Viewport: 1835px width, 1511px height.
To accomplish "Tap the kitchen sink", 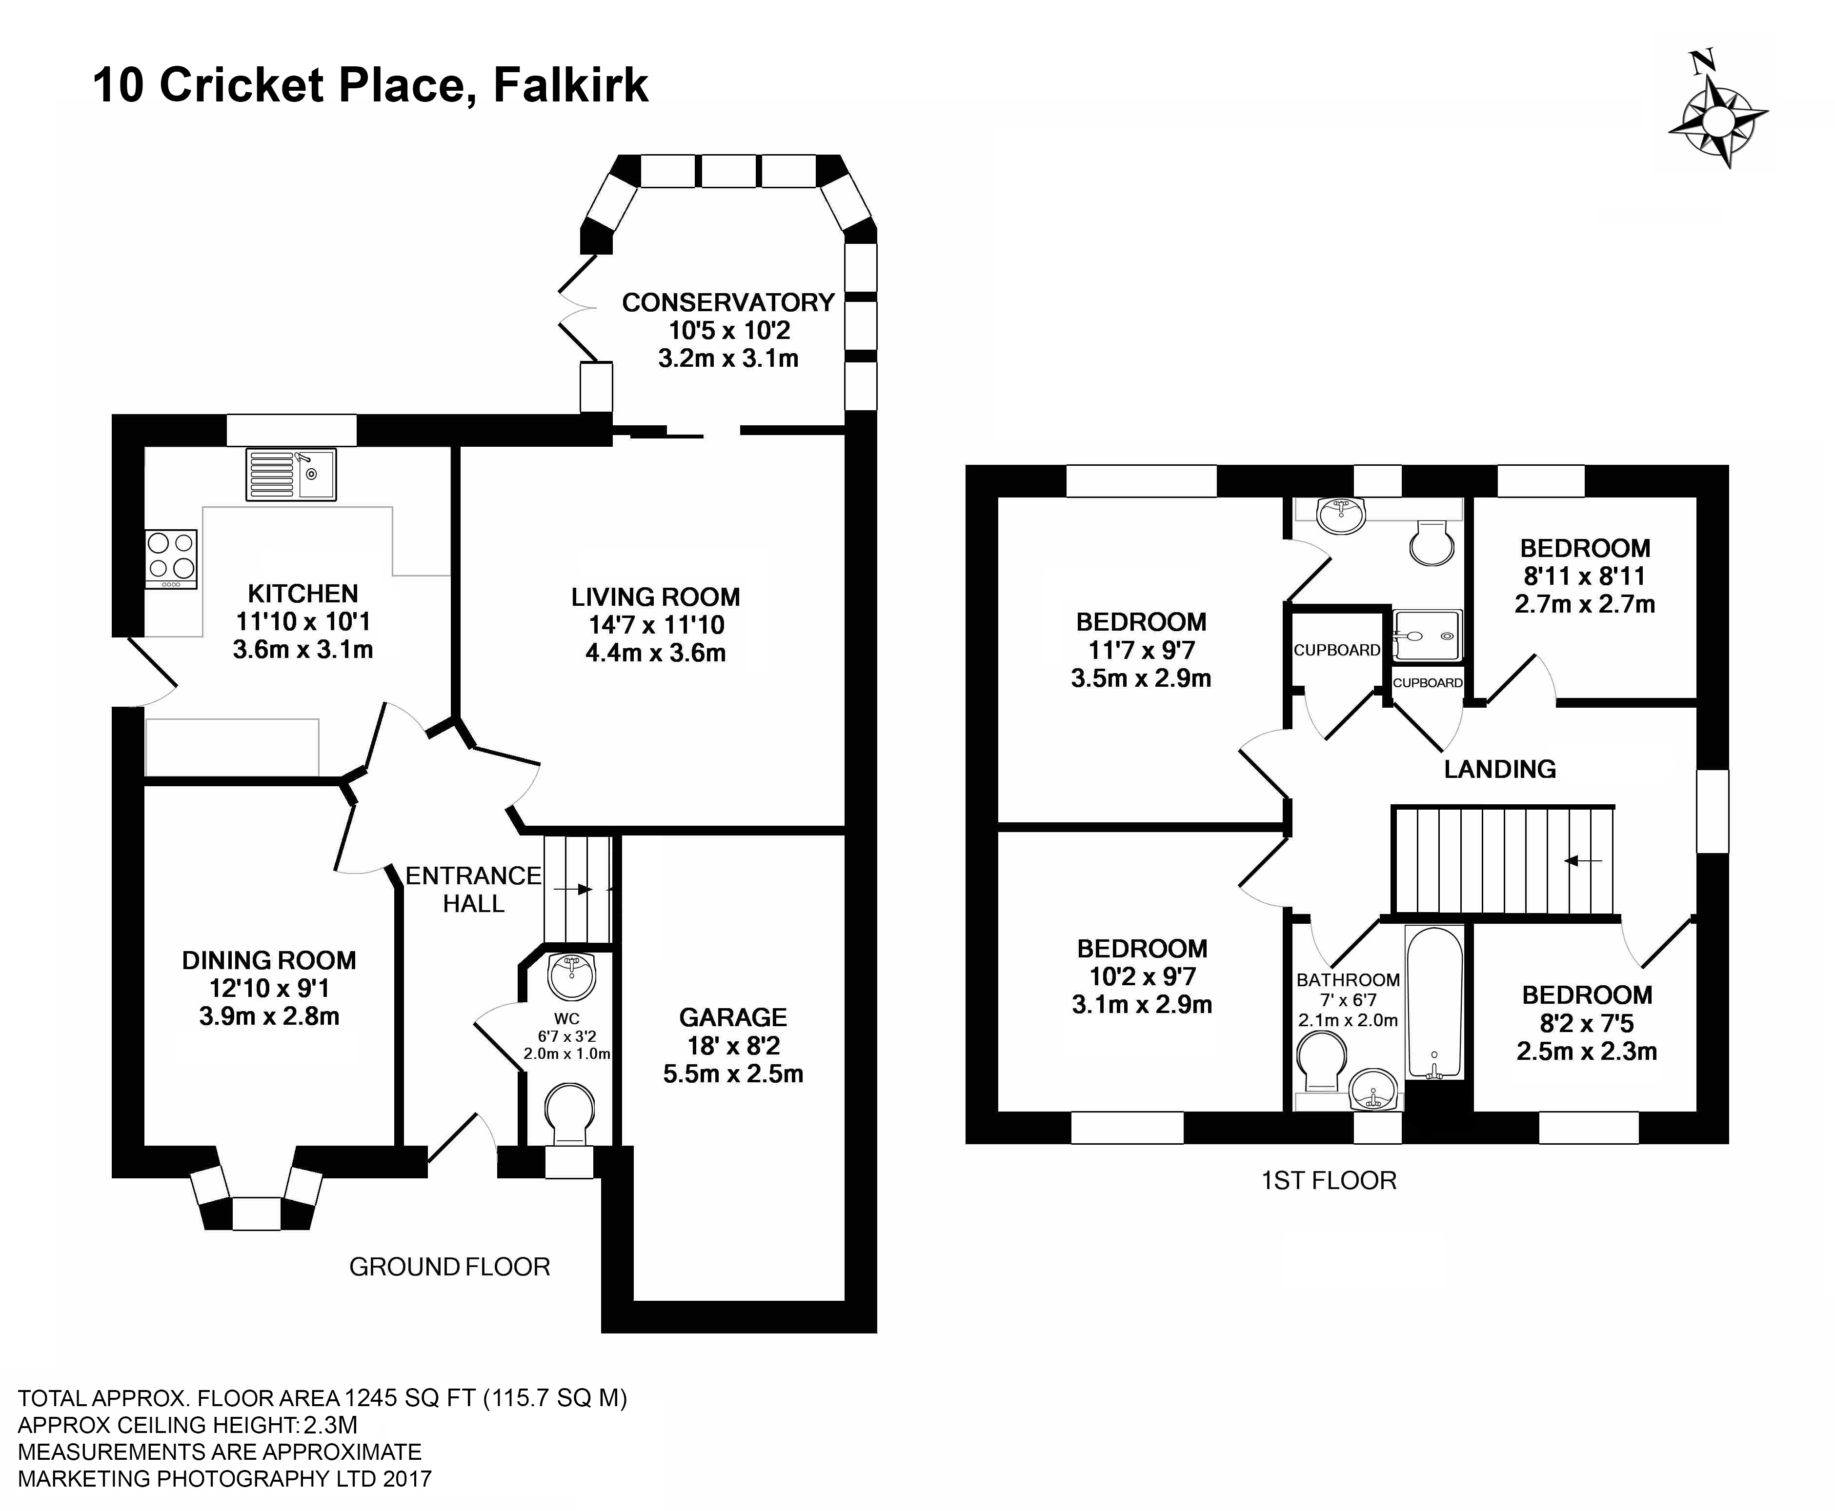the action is (291, 475).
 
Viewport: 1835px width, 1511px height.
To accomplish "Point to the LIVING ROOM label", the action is (655, 597).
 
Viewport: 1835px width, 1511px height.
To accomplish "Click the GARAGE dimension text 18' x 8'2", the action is (733, 1045).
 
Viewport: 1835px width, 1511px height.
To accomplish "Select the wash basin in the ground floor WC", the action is (572, 976).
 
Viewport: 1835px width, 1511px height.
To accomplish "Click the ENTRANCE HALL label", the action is (474, 890).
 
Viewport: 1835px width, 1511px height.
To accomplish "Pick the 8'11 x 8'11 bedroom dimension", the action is (1584, 576).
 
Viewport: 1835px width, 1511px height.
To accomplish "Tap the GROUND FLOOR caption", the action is (450, 1267).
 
